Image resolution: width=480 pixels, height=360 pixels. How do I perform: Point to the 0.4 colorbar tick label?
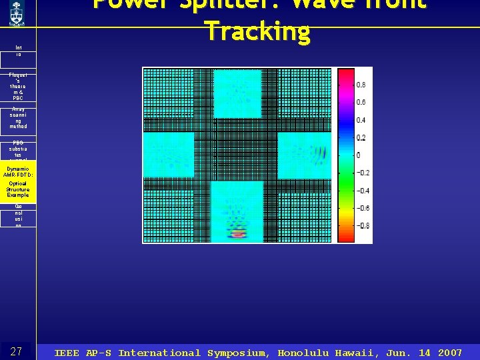point(360,120)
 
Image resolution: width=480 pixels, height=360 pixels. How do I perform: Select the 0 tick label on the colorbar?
point(358,155)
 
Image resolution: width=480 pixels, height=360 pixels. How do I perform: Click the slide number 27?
point(17,351)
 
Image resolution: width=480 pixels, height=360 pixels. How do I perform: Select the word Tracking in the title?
point(257,31)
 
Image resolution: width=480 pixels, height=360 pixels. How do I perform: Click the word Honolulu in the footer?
point(303,353)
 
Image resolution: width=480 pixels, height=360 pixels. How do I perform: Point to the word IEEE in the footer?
point(67,353)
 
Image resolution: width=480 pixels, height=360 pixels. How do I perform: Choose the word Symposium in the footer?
point(238,353)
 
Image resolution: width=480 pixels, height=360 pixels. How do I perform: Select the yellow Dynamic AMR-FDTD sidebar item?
point(18,181)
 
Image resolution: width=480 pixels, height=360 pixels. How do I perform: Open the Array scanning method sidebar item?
point(18,118)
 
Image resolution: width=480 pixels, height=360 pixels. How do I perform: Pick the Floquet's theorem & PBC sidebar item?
point(18,88)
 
